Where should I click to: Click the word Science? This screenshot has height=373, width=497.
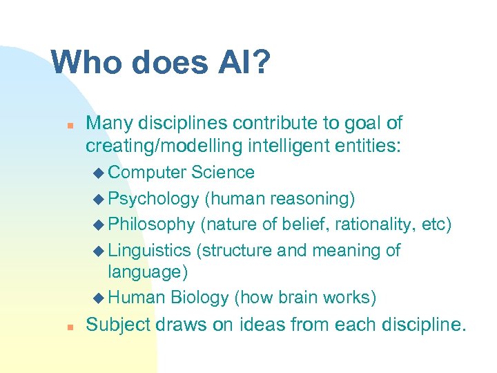point(223,172)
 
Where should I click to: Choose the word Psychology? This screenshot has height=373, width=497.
point(153,199)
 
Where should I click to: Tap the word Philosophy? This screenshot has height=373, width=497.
point(152,224)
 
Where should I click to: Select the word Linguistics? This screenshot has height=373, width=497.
point(150,250)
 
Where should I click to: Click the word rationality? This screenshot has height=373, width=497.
point(379,224)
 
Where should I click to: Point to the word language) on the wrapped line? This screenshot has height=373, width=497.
point(148,272)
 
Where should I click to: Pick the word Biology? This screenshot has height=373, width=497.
point(199,298)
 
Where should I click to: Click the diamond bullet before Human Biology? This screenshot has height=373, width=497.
point(96,298)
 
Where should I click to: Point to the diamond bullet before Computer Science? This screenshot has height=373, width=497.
point(96,173)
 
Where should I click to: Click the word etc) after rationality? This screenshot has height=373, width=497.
point(436,224)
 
